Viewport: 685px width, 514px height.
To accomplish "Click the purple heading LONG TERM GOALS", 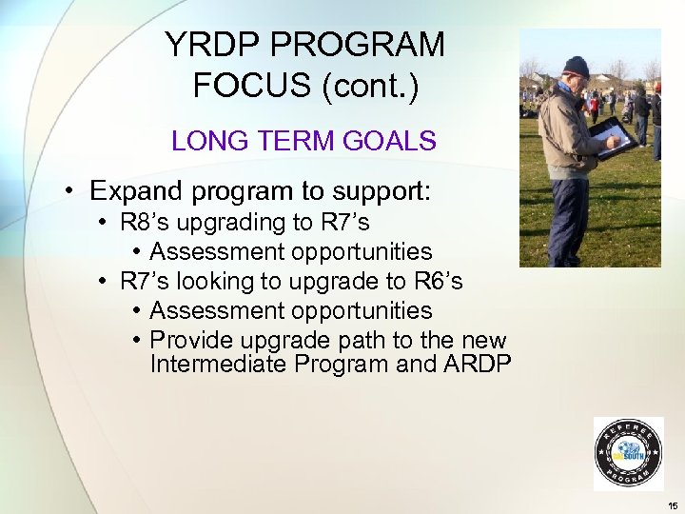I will [303, 142].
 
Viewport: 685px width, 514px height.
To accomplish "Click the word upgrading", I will [235, 223].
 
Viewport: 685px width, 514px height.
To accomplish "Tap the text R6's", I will [439, 282].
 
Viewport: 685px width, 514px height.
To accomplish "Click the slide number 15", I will [673, 505].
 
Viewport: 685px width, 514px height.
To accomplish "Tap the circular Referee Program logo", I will [628, 454].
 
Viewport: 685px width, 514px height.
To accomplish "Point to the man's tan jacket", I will [566, 124].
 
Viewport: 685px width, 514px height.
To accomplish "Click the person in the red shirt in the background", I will [595, 105].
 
